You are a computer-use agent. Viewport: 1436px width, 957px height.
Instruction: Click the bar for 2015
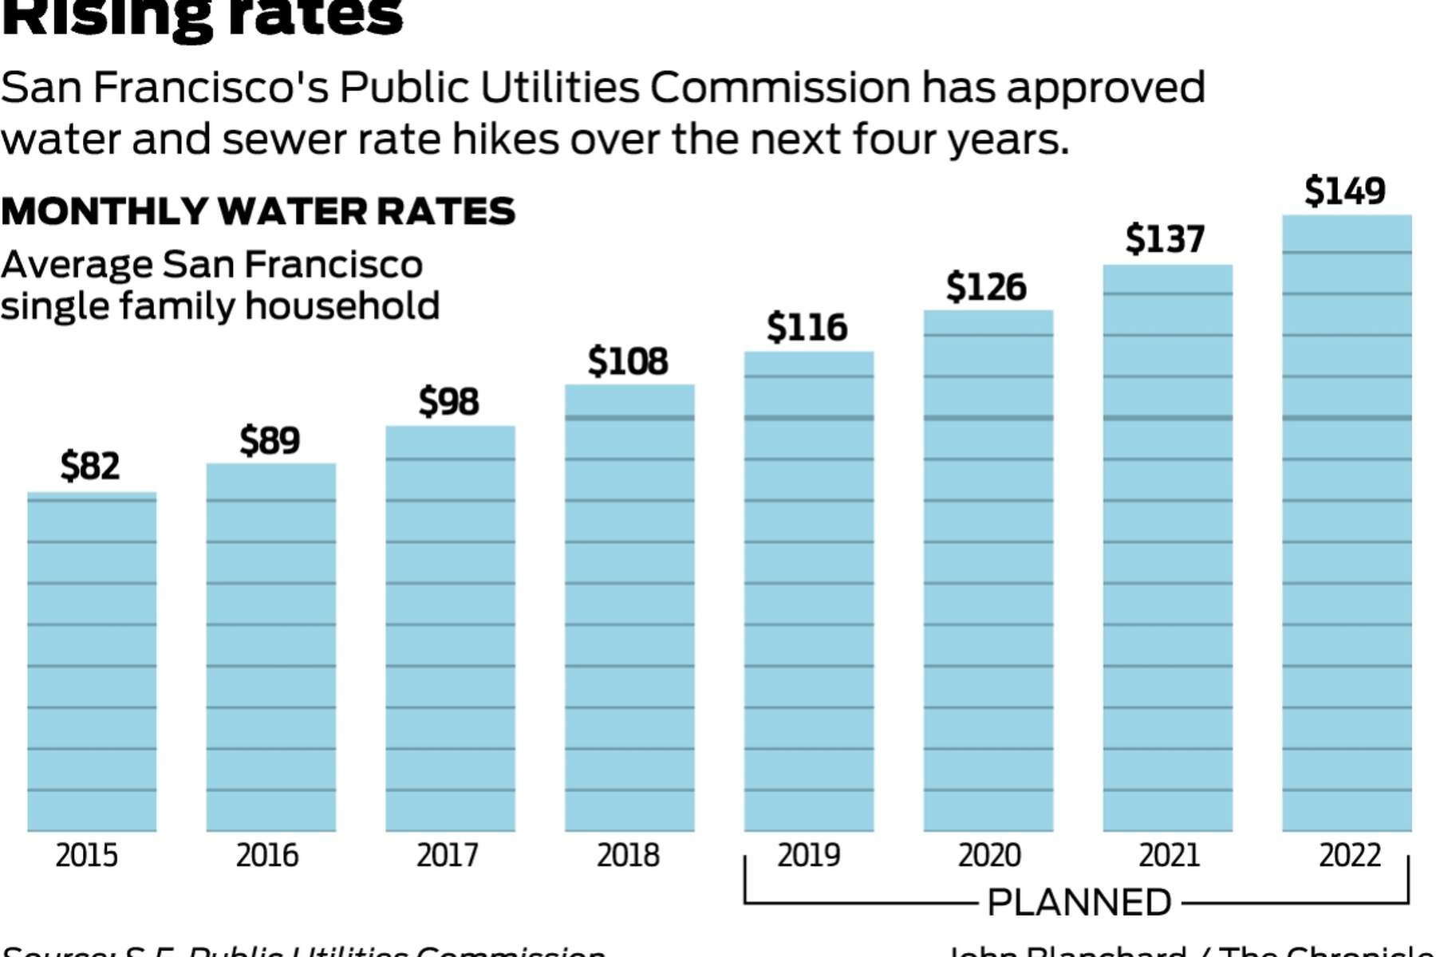(x=92, y=662)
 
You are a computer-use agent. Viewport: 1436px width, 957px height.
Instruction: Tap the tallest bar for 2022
(x=1347, y=523)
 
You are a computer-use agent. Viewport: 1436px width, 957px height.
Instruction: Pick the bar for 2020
(x=988, y=570)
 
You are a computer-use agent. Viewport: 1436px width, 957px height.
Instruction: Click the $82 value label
(x=90, y=466)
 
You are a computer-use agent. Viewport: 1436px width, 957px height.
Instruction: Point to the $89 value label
(x=270, y=440)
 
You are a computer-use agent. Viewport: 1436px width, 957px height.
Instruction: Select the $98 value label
(x=449, y=401)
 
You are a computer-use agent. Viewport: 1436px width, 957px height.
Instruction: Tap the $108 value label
(x=628, y=361)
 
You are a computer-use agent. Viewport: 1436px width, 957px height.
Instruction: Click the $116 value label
(x=807, y=328)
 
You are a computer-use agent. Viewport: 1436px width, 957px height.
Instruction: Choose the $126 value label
(x=987, y=287)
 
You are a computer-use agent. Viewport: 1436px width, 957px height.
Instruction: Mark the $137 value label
(x=1166, y=239)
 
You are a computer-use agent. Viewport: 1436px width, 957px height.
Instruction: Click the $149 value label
(x=1345, y=191)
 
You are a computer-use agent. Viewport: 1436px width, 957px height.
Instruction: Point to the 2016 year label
(x=267, y=856)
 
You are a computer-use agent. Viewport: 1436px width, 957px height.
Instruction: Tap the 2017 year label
(x=448, y=856)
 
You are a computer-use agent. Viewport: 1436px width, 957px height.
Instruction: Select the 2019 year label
(x=809, y=856)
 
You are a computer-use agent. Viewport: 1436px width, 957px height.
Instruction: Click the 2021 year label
(x=1170, y=856)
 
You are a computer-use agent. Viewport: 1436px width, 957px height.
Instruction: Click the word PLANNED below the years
(x=1079, y=903)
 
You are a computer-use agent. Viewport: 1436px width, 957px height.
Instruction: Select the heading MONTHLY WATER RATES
(x=258, y=212)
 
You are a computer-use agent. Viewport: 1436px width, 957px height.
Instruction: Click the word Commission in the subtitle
(x=779, y=88)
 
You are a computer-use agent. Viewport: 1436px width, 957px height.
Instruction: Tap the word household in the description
(x=342, y=306)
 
